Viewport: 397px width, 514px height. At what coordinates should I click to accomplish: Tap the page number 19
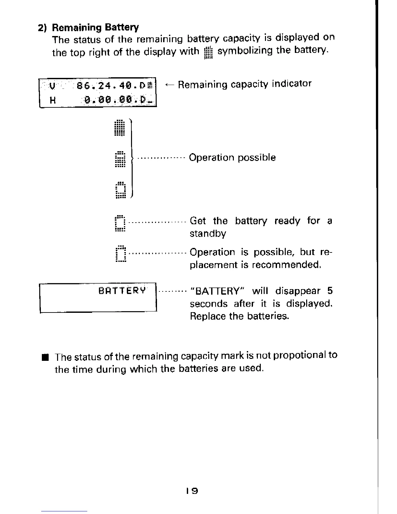(192, 491)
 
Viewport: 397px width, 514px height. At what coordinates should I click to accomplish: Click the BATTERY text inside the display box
(122, 290)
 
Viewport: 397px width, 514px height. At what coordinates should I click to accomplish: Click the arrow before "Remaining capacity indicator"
(170, 85)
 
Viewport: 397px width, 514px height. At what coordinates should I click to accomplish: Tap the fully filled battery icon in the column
(120, 128)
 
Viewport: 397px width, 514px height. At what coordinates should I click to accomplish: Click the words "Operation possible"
(232, 158)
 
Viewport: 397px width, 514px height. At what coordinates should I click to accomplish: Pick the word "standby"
(208, 234)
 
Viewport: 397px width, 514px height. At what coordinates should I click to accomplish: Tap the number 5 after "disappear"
(330, 291)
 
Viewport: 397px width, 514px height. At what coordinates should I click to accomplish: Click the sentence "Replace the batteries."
(239, 316)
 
